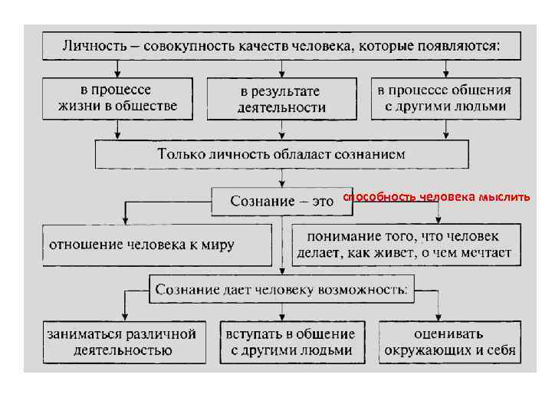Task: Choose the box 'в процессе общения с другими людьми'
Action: (444, 97)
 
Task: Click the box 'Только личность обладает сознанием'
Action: (281, 154)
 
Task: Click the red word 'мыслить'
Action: (504, 198)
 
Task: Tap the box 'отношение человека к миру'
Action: (156, 245)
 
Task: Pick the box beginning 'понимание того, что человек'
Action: (406, 245)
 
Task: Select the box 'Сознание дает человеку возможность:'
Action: (281, 290)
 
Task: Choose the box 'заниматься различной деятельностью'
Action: (123, 342)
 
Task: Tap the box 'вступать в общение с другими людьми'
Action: (291, 342)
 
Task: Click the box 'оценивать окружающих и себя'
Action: (449, 342)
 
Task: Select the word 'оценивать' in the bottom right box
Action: (449, 334)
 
